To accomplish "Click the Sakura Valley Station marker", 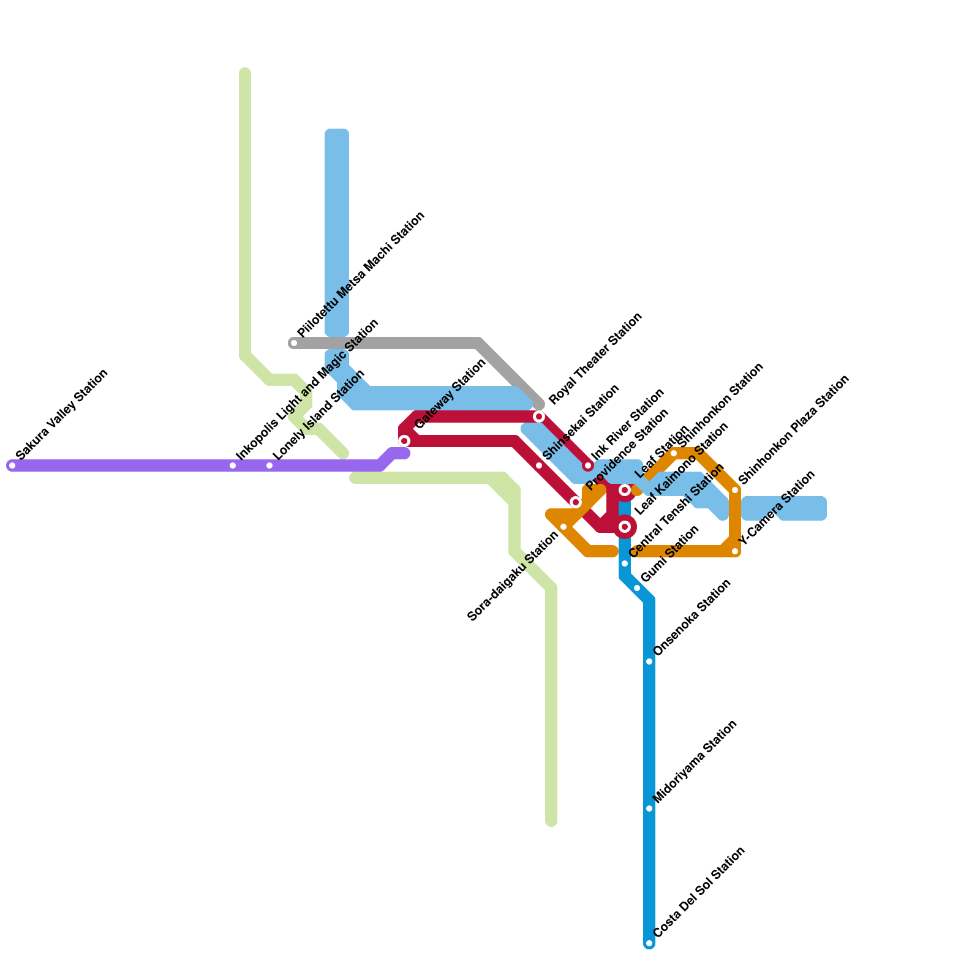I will point(12,466).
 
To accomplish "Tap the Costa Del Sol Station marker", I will point(649,943).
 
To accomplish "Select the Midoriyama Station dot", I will point(649,809).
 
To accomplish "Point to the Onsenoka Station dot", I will point(649,661).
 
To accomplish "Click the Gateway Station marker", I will point(404,441).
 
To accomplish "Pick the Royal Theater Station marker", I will point(539,417).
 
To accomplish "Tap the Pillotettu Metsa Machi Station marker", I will point(294,343).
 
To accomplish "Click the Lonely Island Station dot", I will point(269,466).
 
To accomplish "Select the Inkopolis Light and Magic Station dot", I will point(233,466).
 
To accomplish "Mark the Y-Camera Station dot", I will point(735,551).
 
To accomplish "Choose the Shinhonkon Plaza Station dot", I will point(735,490).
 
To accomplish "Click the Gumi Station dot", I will point(637,588).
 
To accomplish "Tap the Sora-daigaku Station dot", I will point(563,527).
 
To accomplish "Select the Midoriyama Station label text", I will point(695,761).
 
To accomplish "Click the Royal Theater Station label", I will point(595,358).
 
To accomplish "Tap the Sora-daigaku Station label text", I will point(513,576).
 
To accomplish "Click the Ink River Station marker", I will point(588,466).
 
